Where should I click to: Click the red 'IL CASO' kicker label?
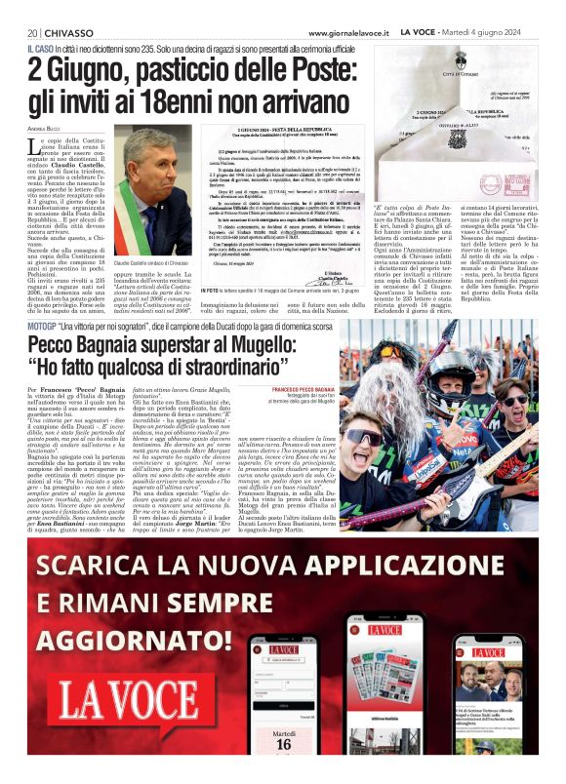point(41,49)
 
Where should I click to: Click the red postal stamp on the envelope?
point(491,182)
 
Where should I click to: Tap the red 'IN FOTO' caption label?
point(235,263)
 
